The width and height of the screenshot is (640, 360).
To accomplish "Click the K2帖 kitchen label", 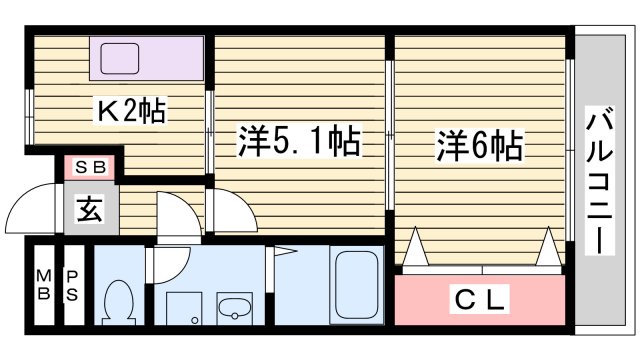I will pos(130,109).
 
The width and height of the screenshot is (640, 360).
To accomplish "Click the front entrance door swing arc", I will pos(30,205).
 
